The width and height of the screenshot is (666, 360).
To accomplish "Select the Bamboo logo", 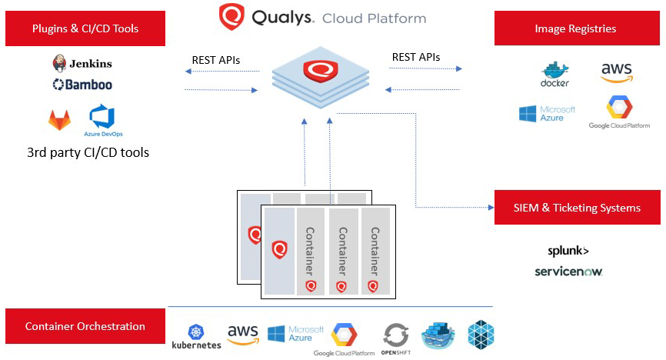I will pyautogui.click(x=82, y=85).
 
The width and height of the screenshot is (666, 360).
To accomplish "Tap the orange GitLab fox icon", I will pyautogui.click(x=59, y=119).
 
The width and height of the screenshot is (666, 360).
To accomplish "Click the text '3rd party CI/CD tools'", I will pyautogui.click(x=88, y=152).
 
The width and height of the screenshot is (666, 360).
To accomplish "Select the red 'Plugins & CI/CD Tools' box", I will pyautogui.click(x=86, y=29).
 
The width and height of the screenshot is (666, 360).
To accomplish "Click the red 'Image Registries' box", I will pyautogui.click(x=576, y=29).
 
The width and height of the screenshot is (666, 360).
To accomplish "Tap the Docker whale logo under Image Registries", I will pyautogui.click(x=554, y=74).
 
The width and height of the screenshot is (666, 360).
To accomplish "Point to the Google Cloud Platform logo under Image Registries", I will pyautogui.click(x=618, y=112).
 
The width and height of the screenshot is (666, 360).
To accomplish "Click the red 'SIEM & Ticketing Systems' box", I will pyautogui.click(x=576, y=208).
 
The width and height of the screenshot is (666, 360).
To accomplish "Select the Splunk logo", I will pyautogui.click(x=568, y=251).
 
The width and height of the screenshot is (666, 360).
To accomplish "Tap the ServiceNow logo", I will pyautogui.click(x=568, y=272).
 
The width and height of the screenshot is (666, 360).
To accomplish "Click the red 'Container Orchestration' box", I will pyautogui.click(x=85, y=326).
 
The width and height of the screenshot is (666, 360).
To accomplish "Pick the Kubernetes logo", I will pyautogui.click(x=196, y=336).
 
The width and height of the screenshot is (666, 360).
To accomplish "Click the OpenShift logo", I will pyautogui.click(x=395, y=338).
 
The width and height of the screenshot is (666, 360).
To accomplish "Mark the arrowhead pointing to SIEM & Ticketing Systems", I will pyautogui.click(x=490, y=208).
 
